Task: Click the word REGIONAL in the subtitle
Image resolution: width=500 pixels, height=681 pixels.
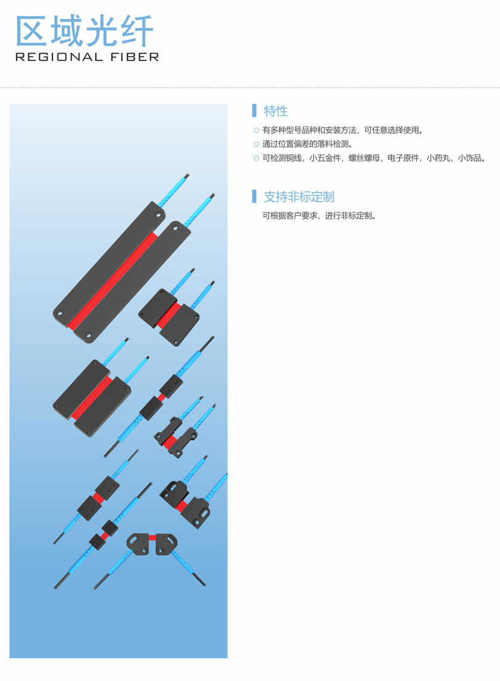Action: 59,57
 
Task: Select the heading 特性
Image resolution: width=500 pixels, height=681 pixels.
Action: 276,111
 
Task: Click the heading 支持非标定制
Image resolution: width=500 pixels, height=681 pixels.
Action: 299,197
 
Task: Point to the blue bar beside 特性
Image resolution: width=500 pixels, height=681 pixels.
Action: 254,111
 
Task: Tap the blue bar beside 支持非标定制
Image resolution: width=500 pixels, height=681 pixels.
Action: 254,196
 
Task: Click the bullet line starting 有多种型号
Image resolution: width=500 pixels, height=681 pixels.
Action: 343,130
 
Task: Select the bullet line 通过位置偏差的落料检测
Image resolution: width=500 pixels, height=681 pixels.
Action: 308,144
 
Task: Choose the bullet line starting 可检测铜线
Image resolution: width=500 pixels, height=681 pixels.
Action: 374,158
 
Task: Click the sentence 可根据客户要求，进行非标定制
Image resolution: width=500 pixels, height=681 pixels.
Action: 319,215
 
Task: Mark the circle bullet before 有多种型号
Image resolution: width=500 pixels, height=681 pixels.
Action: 256,130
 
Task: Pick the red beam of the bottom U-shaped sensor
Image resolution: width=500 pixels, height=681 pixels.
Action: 152,538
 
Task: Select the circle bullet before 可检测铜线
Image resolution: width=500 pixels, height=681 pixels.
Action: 256,158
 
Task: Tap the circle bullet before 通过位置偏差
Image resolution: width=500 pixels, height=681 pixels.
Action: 256,144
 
